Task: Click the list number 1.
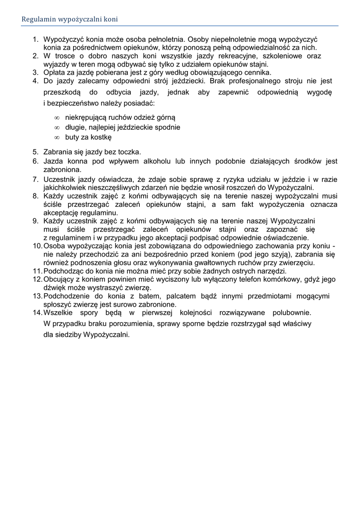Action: pyautogui.click(x=35, y=39)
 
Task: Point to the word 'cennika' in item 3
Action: pyautogui.click(x=256, y=73)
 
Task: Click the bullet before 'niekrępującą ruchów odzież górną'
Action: pyautogui.click(x=57, y=117)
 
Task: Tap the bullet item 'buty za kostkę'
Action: pyautogui.click(x=88, y=137)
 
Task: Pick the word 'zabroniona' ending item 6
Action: pyautogui.click(x=63, y=170)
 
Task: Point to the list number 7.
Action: pyautogui.click(x=35, y=179)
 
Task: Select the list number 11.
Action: pyautogui.click(x=37, y=271)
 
